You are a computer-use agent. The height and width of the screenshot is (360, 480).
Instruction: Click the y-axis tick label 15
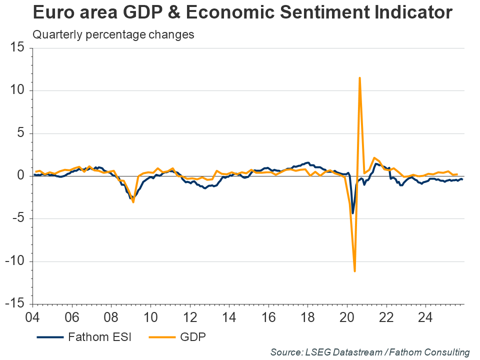click(17, 48)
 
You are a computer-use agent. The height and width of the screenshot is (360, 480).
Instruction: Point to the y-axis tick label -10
click(14, 261)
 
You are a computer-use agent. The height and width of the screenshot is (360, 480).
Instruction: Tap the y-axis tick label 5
click(20, 133)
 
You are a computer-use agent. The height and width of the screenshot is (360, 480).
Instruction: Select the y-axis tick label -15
click(14, 304)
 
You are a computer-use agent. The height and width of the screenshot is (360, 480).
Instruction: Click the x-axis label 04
click(33, 317)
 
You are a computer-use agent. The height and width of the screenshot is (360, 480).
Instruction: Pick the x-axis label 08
click(111, 317)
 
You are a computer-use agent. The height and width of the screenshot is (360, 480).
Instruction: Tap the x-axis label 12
click(189, 317)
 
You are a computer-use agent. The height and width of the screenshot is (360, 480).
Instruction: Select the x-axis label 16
click(268, 317)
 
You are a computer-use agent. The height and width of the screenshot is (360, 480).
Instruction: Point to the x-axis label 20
click(346, 317)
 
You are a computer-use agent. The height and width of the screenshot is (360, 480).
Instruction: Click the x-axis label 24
click(425, 317)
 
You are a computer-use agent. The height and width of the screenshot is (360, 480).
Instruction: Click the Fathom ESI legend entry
click(99, 337)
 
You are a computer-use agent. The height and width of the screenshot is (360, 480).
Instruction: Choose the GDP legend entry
click(192, 337)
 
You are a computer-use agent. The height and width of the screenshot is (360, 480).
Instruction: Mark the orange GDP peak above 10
click(359, 78)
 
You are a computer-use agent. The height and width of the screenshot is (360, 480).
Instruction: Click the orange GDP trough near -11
click(354, 271)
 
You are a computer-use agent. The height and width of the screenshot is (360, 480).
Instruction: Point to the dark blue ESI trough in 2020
click(352, 213)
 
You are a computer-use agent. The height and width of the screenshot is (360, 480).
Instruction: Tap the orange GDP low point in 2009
click(133, 202)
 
